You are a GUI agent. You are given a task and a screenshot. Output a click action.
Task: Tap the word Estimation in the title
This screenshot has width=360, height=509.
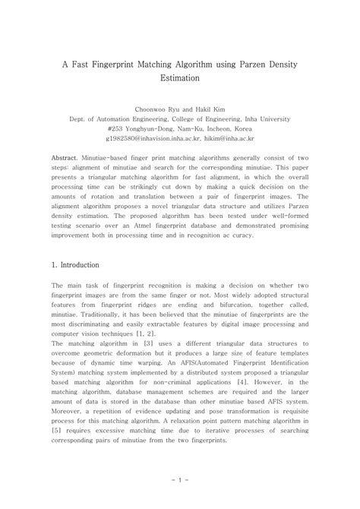click(x=180, y=78)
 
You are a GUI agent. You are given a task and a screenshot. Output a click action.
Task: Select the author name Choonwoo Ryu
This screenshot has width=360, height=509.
click(x=157, y=109)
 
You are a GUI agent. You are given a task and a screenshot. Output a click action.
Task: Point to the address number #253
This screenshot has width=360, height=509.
click(x=119, y=129)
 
